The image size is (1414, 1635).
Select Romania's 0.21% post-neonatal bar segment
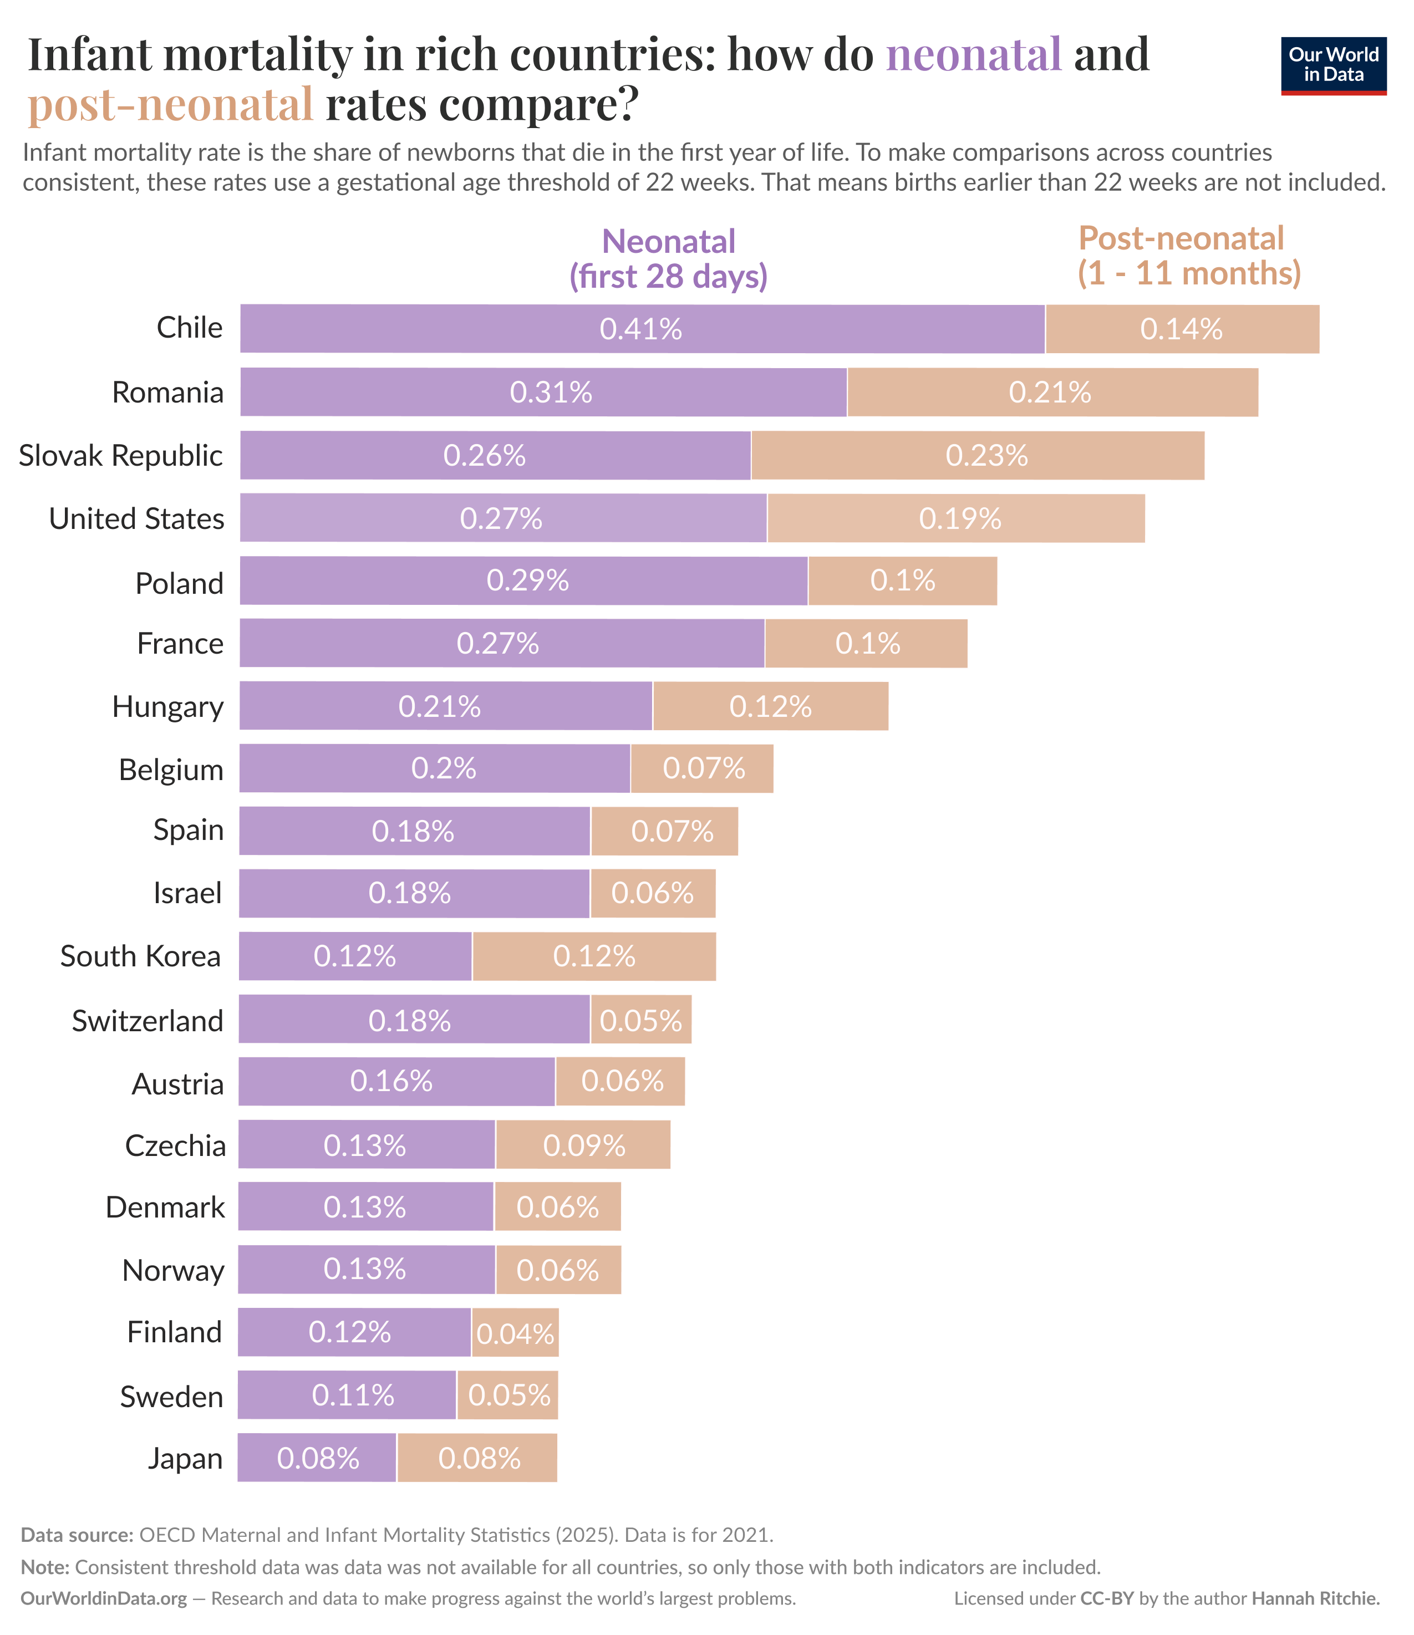coord(1052,392)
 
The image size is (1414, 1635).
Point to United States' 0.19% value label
coord(959,518)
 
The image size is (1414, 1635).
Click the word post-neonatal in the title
coord(170,104)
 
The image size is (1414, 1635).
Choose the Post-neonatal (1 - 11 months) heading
coord(1188,256)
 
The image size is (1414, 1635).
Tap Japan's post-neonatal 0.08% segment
coord(477,1458)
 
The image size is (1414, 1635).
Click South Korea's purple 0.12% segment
coord(355,956)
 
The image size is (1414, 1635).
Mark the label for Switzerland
coord(147,1020)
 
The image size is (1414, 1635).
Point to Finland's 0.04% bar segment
coord(515,1333)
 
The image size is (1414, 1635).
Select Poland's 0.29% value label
coord(527,581)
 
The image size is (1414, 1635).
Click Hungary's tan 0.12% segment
coord(770,706)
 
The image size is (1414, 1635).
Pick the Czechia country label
coord(175,1145)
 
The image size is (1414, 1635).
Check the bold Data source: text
coord(77,1535)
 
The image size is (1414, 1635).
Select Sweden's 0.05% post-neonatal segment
coord(508,1395)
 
